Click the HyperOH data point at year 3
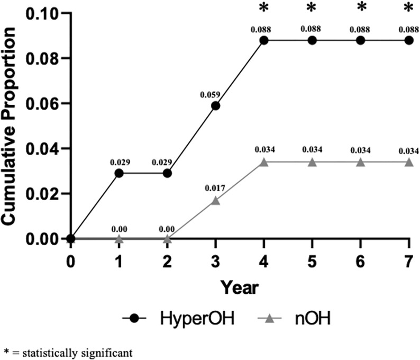click(215, 105)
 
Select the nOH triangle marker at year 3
click(215, 200)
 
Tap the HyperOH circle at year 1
click(119, 173)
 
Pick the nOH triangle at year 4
click(263, 162)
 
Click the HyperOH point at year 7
click(408, 40)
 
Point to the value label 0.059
click(208, 94)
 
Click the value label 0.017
click(215, 188)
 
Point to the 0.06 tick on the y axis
click(45, 103)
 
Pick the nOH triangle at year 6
click(360, 162)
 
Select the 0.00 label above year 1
click(119, 229)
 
